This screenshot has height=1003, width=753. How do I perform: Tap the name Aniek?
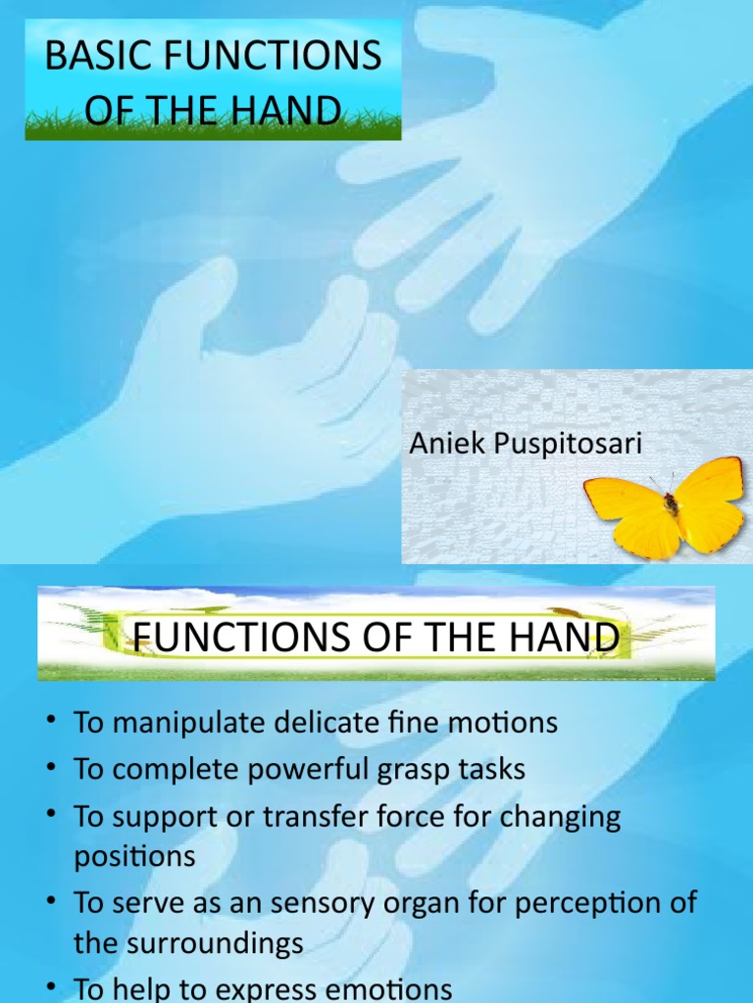click(x=438, y=444)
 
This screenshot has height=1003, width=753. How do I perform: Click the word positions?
click(x=134, y=856)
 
